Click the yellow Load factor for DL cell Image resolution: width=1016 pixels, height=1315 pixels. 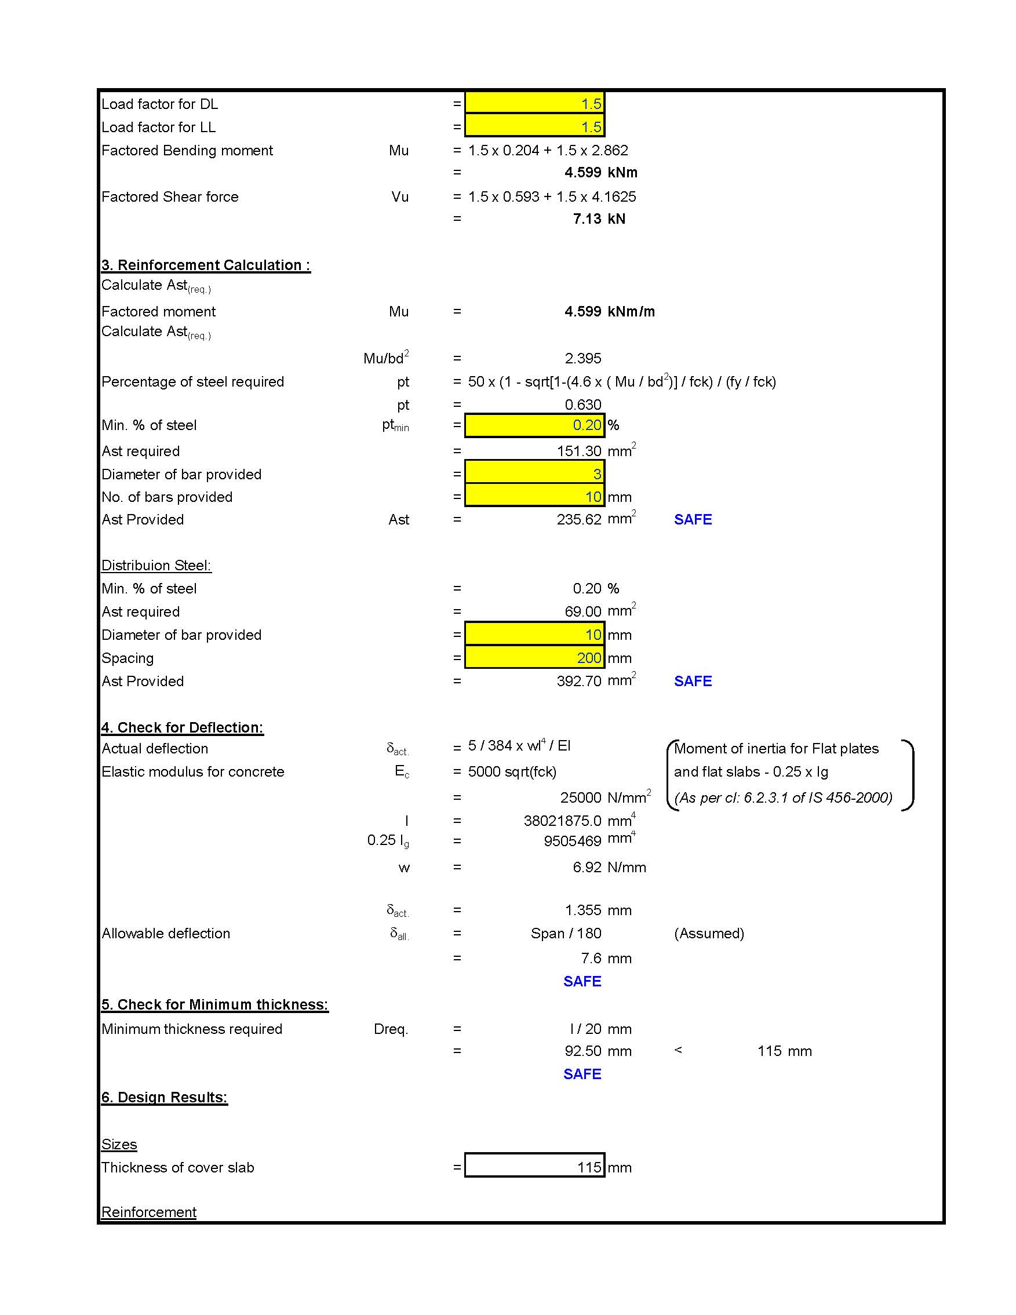(534, 104)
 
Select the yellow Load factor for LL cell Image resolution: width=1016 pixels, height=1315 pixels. (534, 127)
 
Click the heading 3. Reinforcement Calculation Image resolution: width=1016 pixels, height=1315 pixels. (205, 265)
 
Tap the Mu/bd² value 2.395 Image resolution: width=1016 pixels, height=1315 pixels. (582, 359)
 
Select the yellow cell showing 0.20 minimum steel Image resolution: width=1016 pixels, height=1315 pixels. (534, 425)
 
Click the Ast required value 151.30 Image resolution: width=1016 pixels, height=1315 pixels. (579, 451)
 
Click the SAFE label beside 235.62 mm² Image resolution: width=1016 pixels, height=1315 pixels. (693, 520)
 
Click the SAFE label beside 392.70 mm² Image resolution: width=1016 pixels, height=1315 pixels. (693, 681)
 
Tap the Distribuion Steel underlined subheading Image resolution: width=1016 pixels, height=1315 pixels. (156, 566)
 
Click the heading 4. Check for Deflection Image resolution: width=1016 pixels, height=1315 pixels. (182, 727)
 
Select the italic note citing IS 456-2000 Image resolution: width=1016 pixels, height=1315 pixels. (783, 798)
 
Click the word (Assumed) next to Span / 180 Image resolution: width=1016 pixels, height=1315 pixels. (709, 933)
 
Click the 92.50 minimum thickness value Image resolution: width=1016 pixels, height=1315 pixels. (583, 1051)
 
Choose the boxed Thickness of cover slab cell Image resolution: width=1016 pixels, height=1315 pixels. (534, 1167)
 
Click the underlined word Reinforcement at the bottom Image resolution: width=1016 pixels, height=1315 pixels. (149, 1212)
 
